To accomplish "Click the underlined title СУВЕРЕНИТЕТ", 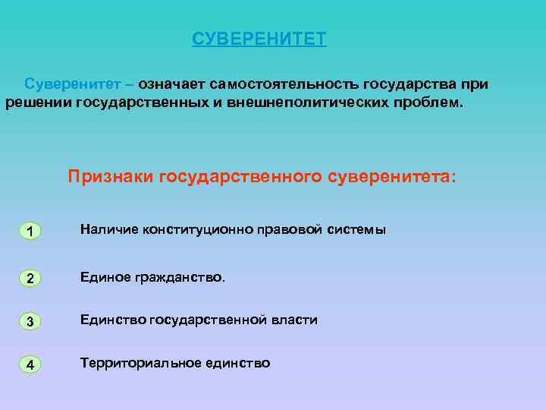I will pyautogui.click(x=259, y=39).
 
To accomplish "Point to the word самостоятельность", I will pyautogui.click(x=284, y=82).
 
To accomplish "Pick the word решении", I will pyautogui.click(x=37, y=102).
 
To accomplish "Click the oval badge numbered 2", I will pyautogui.click(x=29, y=278).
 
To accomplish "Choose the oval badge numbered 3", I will pyautogui.click(x=29, y=321).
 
